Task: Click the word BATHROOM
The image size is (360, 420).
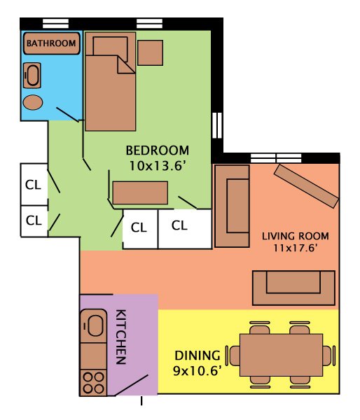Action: pos(51,43)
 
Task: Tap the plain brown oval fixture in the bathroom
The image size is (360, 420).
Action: pos(33,102)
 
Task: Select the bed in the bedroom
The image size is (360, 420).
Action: pos(110,87)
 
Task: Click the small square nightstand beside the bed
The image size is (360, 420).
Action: pos(150,52)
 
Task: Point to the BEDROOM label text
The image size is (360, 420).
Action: pos(158,150)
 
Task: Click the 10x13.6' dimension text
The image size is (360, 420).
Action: pos(158,165)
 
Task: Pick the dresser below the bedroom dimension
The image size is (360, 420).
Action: pos(140,192)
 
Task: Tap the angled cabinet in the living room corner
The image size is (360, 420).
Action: pos(306,185)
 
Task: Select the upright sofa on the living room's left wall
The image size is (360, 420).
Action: pos(233,206)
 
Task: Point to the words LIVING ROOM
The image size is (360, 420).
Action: pos(295,236)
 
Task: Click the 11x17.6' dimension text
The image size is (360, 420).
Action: pos(295,248)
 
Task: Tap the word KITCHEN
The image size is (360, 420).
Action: pos(120,337)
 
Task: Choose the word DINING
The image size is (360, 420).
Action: pos(197,355)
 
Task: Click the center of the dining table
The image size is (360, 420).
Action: pos(281,354)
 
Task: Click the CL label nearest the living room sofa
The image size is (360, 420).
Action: pos(180,225)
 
